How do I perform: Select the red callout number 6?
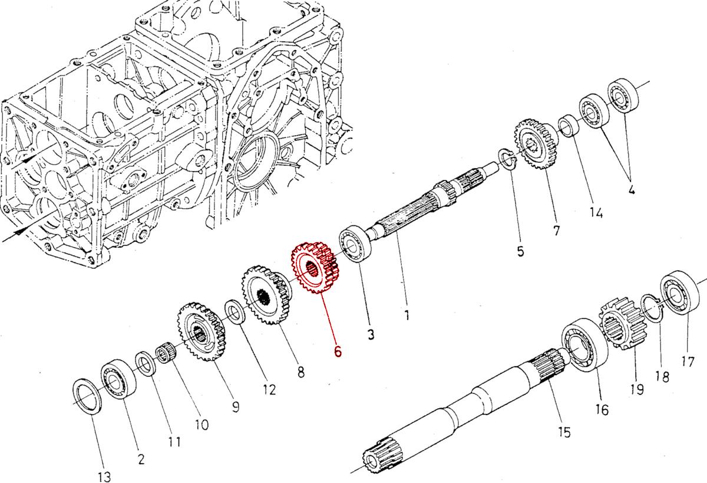click(338, 351)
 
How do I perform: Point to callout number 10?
click(201, 424)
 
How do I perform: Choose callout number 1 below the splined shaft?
click(407, 315)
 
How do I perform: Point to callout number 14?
click(596, 212)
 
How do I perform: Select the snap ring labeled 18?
click(652, 307)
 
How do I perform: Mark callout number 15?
click(564, 432)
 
